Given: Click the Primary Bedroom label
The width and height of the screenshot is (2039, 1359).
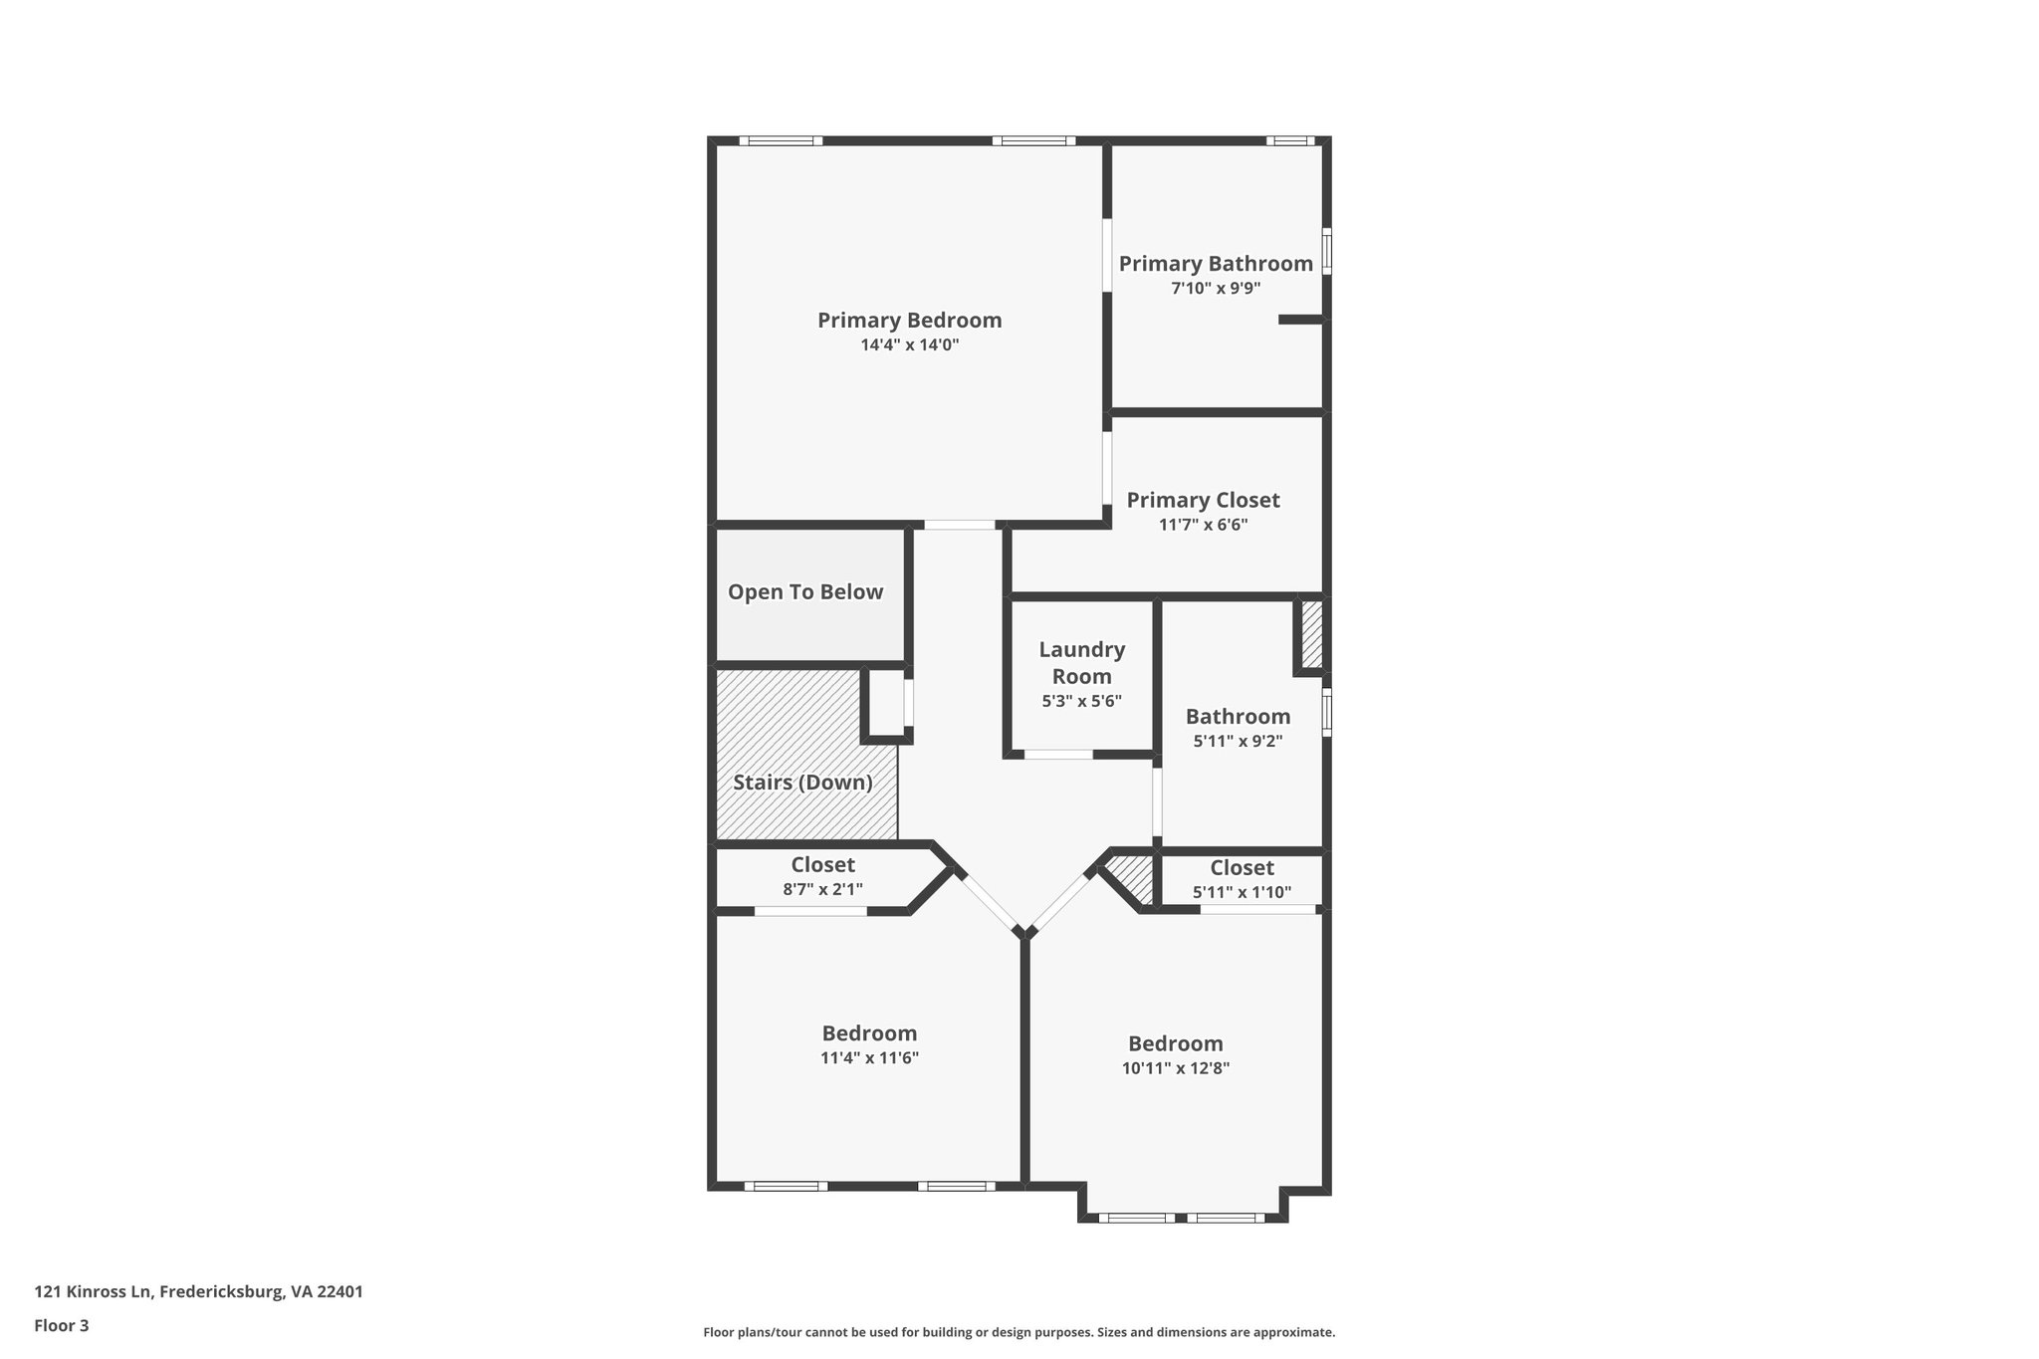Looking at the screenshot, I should click(909, 321).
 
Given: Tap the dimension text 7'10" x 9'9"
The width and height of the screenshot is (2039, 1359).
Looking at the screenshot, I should click(1215, 289).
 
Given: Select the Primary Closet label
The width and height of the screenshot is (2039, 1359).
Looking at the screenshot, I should click(1203, 500).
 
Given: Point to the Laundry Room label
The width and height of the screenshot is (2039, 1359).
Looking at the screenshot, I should click(1081, 662).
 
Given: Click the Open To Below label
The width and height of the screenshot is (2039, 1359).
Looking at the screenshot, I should click(804, 592).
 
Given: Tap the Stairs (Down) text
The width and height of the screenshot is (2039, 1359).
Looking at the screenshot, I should click(802, 783).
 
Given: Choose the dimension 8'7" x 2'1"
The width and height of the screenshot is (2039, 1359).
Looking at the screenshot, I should click(822, 889).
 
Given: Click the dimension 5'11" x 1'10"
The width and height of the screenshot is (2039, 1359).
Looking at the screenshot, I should click(1242, 892).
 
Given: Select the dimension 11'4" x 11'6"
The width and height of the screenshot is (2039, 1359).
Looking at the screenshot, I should click(869, 1057).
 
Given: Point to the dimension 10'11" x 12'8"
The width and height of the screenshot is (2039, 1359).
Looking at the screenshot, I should click(1175, 1067).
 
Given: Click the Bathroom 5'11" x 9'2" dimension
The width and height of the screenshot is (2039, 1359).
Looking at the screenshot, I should click(1238, 741).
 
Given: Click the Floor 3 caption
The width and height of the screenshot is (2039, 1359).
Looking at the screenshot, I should click(61, 1325).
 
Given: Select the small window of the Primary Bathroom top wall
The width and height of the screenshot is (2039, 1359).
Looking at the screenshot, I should click(1290, 141).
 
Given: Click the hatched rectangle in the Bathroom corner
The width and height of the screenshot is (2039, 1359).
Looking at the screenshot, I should click(1312, 634).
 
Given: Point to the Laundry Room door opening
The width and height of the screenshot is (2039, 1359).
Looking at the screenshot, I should click(1058, 755).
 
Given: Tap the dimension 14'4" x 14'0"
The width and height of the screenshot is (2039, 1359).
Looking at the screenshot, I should click(909, 345).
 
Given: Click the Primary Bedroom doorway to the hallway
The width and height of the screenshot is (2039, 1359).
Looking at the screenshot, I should click(959, 525).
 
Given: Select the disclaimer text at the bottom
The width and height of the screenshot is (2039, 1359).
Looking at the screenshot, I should click(1019, 1332).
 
